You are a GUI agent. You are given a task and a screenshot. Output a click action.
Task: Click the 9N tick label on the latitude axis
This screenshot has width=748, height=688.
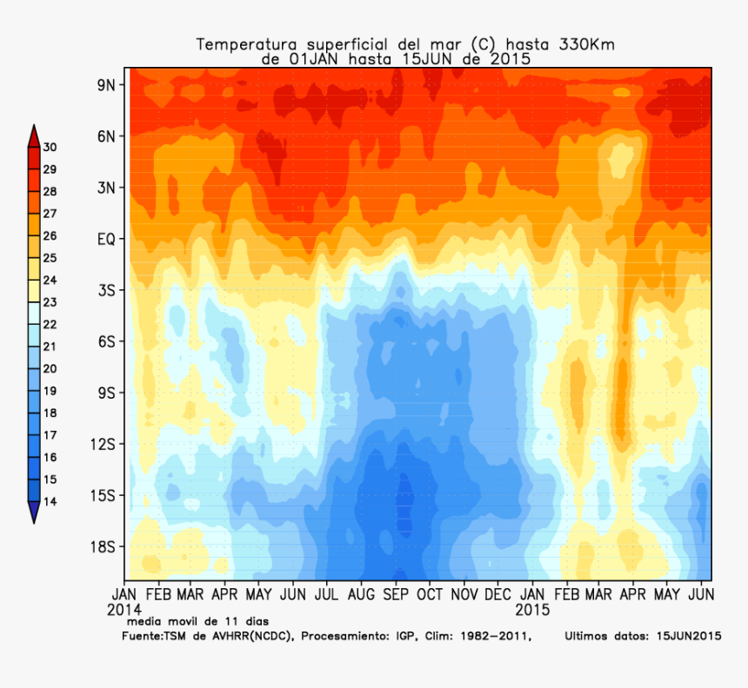pos(107,84)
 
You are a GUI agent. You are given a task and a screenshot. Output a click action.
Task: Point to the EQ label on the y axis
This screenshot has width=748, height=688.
pos(106,238)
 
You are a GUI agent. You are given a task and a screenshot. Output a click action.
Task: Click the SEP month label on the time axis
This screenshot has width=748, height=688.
pos(396,595)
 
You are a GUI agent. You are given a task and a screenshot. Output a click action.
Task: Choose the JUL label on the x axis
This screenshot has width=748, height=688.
pos(327,595)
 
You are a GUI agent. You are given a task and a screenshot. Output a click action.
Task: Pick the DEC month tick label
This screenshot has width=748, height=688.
pos(498,595)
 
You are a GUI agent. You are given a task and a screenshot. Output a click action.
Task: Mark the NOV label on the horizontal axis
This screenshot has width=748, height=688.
pos(464,595)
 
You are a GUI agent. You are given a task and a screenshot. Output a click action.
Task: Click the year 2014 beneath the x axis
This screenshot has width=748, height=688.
pos(124,610)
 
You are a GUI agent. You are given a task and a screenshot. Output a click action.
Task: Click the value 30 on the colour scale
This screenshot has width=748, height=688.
pos(50,147)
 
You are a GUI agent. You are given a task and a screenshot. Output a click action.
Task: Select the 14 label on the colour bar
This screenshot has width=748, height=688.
pos(50,501)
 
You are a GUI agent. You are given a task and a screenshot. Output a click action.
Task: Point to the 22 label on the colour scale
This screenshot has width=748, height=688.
pos(50,324)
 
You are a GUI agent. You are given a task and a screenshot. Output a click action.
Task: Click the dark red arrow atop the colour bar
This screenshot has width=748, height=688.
pos(33,136)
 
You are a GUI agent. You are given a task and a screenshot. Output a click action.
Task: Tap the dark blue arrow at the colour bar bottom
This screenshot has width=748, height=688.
pos(33,513)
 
